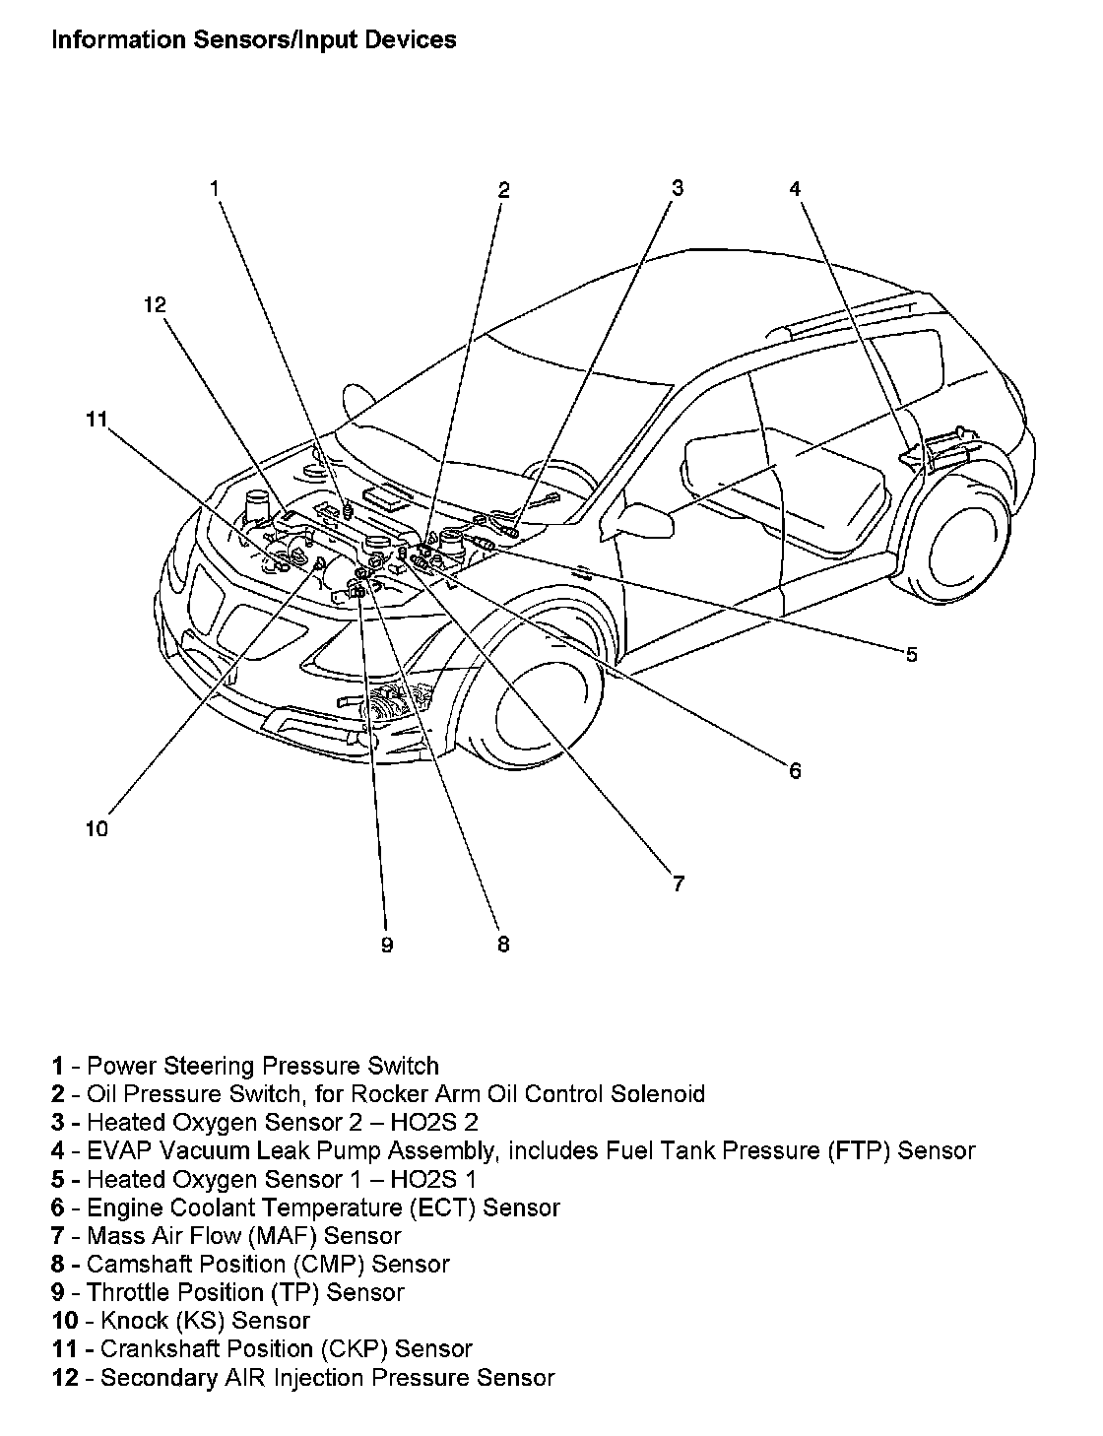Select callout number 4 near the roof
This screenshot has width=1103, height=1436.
[x=795, y=189]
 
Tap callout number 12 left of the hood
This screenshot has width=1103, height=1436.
[x=155, y=305]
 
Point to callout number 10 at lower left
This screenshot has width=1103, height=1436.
[x=97, y=829]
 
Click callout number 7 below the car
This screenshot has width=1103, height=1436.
[x=679, y=884]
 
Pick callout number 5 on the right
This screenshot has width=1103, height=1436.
[x=911, y=654]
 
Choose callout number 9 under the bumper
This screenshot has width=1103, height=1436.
[x=387, y=946]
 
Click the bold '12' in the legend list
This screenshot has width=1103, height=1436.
[x=65, y=1378]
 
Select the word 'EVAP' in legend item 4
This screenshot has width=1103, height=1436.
[x=119, y=1150]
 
